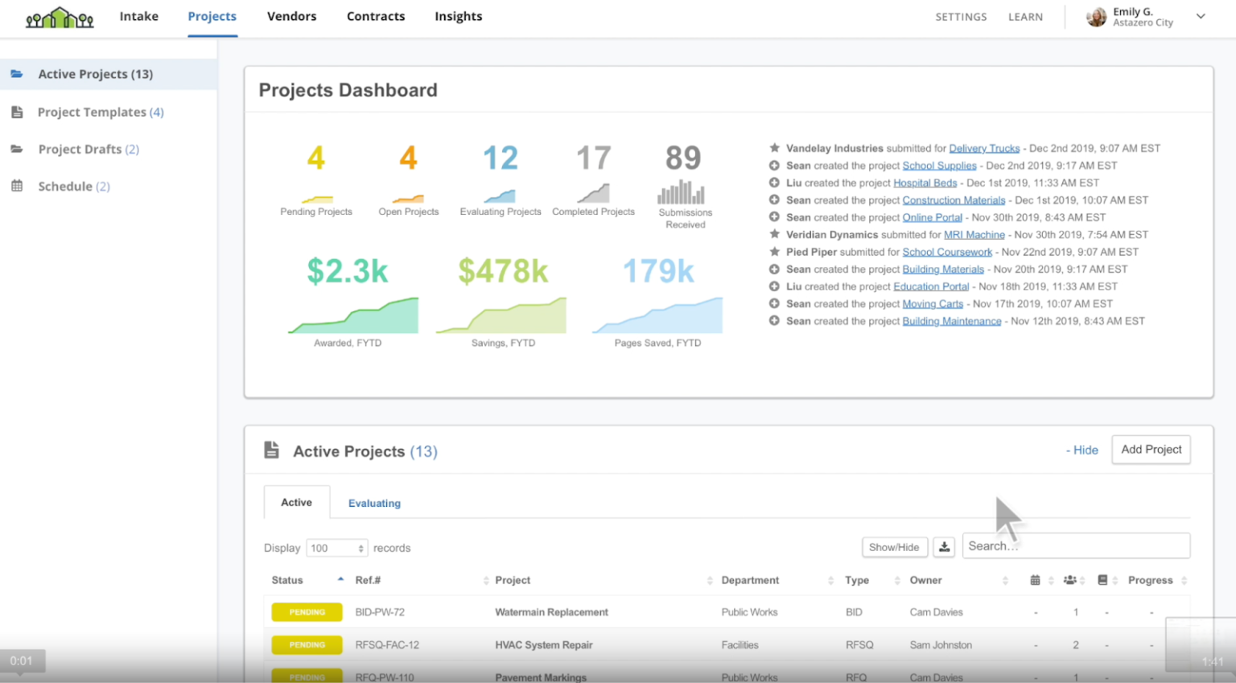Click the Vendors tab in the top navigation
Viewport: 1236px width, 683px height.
(x=291, y=16)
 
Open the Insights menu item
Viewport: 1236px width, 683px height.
(x=458, y=16)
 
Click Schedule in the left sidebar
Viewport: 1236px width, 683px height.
(x=65, y=186)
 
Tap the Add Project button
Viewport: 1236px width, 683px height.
(x=1151, y=450)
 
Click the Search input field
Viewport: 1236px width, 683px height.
(x=1075, y=546)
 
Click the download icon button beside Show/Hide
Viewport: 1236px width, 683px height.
(x=944, y=547)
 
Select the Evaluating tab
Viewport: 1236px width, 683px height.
(x=374, y=503)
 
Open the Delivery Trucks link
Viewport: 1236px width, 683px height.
(x=984, y=148)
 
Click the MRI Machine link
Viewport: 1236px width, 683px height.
(x=974, y=235)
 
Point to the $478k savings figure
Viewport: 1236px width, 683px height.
(x=503, y=271)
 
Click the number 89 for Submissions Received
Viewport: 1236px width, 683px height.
(x=683, y=158)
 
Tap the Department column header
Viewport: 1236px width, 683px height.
(x=750, y=580)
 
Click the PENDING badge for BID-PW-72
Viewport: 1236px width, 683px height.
(x=307, y=612)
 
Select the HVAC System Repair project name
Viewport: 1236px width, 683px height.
(x=543, y=645)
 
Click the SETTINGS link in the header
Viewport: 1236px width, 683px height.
(x=961, y=17)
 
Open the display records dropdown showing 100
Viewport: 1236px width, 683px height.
(x=336, y=548)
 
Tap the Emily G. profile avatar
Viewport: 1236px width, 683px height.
(x=1096, y=17)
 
